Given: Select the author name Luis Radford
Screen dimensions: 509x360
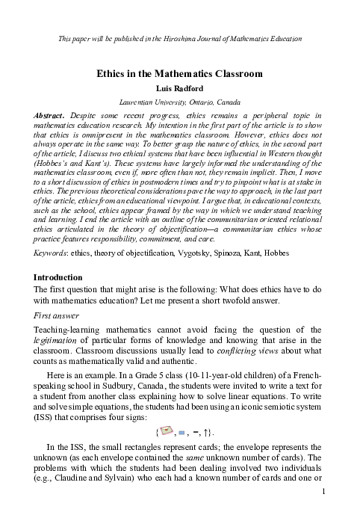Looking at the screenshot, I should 179,88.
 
